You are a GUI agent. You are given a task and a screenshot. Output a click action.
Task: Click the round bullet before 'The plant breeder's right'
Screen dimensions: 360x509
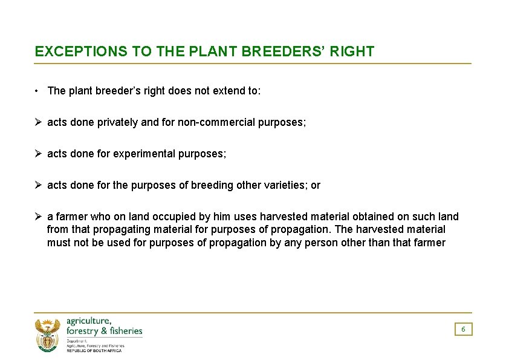coord(37,91)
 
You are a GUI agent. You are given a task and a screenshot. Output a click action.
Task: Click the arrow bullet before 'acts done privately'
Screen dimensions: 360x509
coord(38,122)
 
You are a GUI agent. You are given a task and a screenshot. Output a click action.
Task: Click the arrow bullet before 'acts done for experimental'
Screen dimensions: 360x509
coord(38,154)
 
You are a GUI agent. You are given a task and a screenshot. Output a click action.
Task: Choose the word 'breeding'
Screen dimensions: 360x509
coord(211,185)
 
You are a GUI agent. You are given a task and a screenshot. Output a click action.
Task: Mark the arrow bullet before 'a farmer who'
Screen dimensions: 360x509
coord(38,217)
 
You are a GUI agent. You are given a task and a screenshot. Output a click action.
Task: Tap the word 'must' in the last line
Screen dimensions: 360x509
coord(59,243)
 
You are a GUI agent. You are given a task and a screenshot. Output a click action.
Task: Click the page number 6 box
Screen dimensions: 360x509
coord(463,329)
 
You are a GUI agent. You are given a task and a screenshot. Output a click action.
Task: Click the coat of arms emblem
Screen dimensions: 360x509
coord(48,335)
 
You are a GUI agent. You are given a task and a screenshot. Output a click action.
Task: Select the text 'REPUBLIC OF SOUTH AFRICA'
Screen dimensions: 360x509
coord(94,350)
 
